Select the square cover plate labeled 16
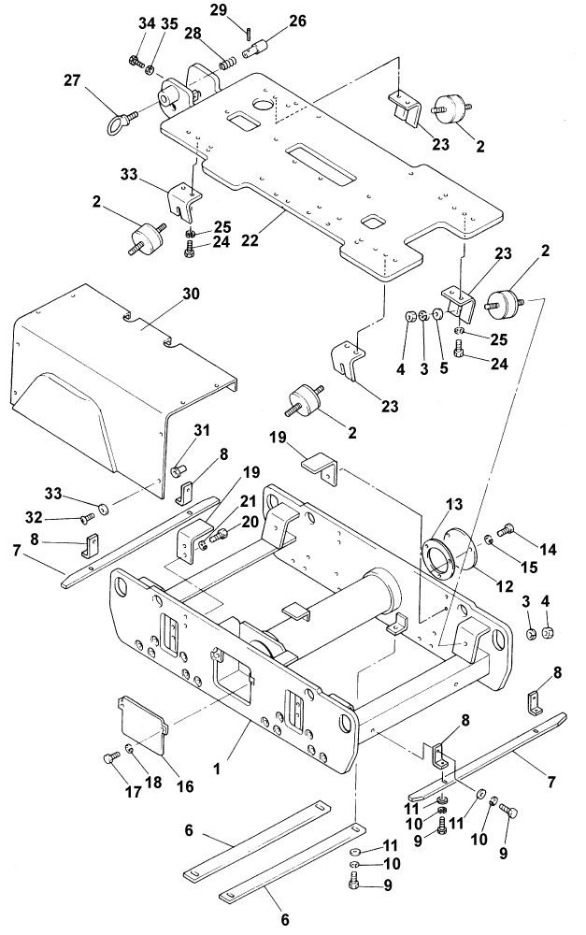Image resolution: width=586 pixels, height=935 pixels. click(x=144, y=726)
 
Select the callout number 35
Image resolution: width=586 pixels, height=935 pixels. click(x=169, y=22)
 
